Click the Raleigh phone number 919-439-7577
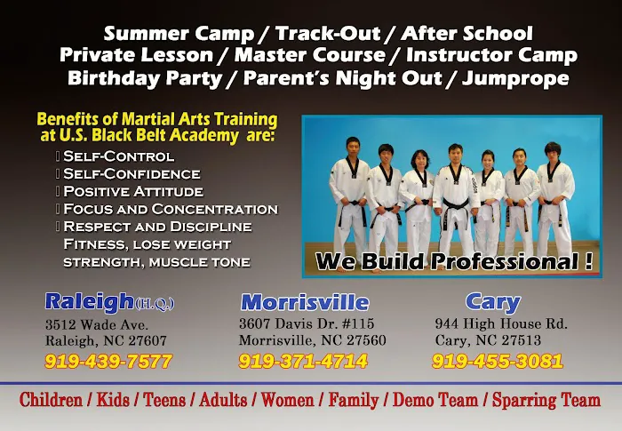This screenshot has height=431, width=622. [x=108, y=362]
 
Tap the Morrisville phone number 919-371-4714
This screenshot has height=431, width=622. [x=302, y=362]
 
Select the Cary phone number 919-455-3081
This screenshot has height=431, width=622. [x=497, y=362]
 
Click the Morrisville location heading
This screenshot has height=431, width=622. [x=305, y=301]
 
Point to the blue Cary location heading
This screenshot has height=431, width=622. [x=492, y=301]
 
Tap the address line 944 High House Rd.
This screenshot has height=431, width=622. [x=501, y=324]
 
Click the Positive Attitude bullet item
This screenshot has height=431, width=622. [x=133, y=191]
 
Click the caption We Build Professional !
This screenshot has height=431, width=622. [x=454, y=261]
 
